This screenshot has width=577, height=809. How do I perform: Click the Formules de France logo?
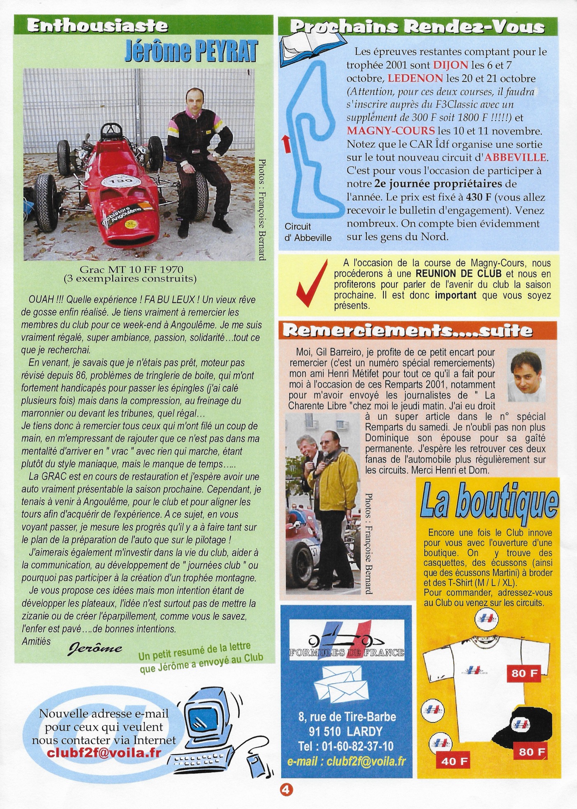pyautogui.click(x=346, y=641)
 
